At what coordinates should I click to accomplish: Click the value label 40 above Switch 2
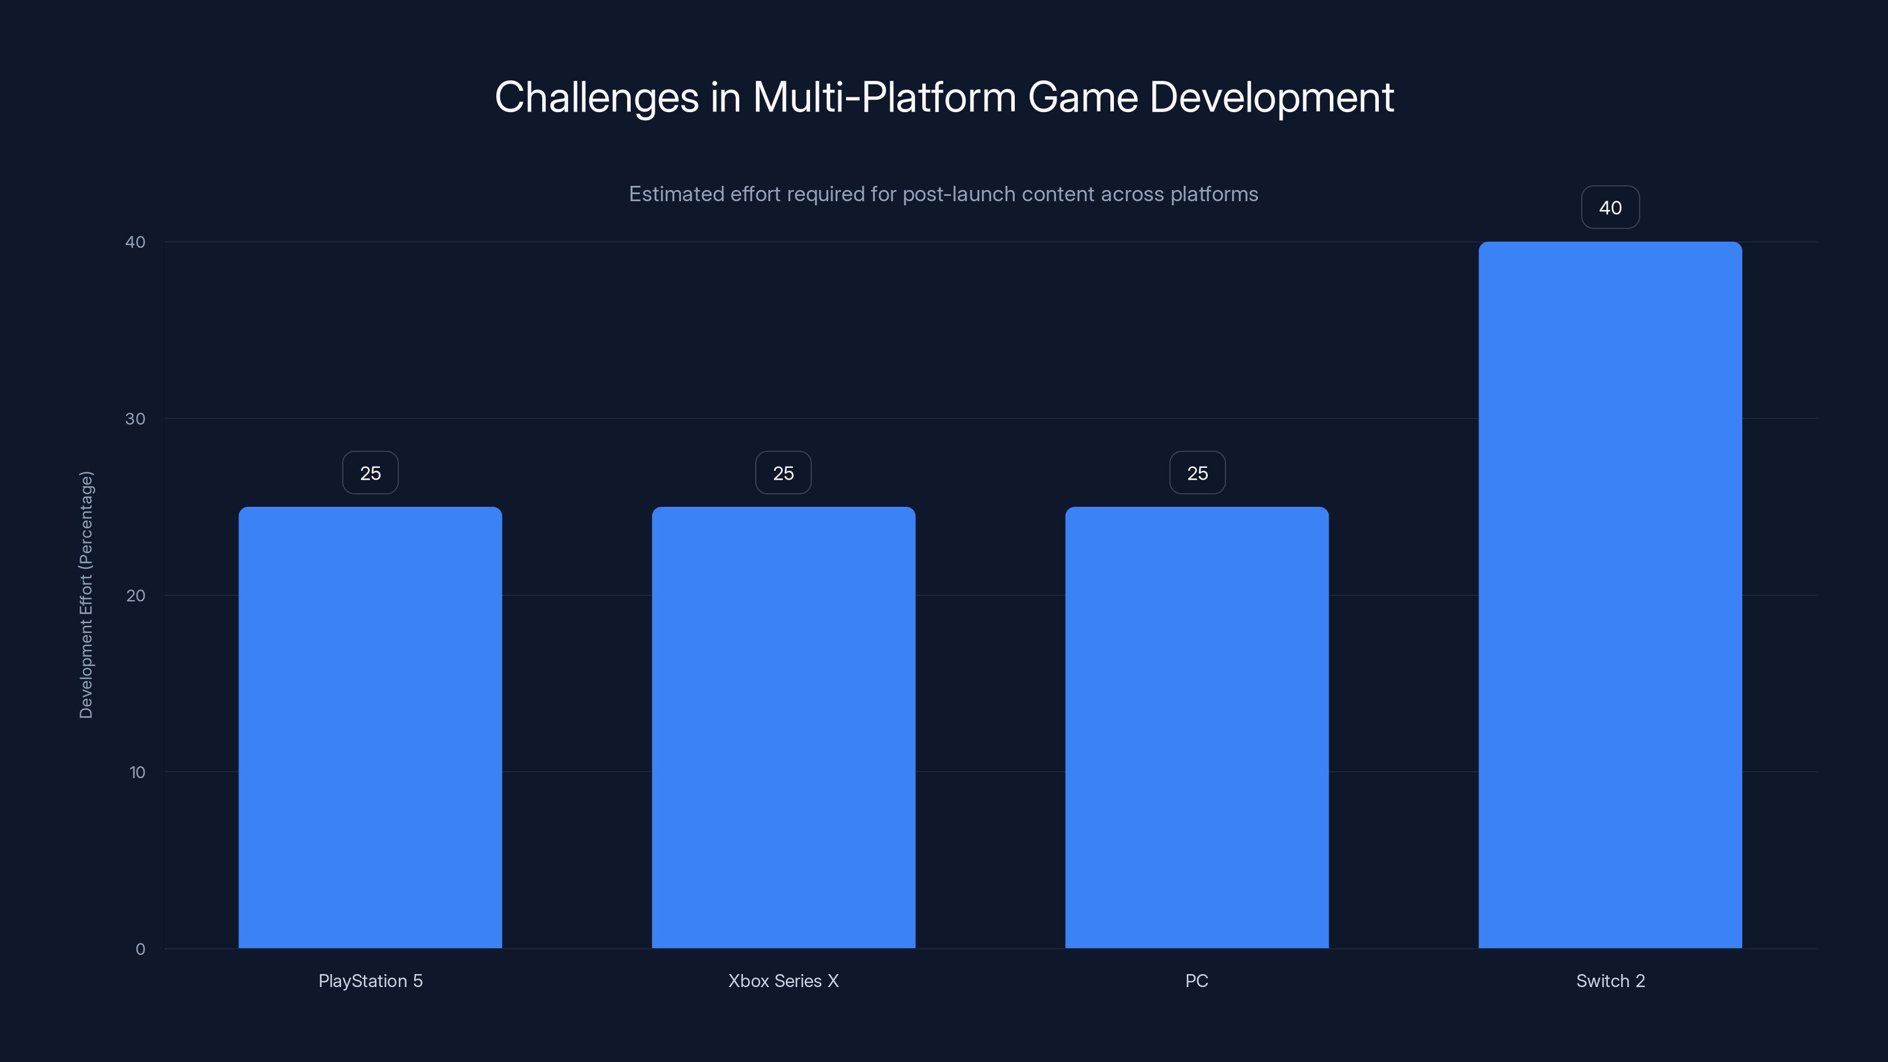(x=1610, y=208)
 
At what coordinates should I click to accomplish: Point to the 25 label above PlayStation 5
(x=370, y=473)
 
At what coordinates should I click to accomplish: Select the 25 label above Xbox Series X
(x=784, y=473)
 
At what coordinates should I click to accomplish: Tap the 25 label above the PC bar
(x=1197, y=473)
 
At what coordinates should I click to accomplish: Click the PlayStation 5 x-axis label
(x=370, y=981)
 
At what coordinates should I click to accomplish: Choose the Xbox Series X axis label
(x=784, y=981)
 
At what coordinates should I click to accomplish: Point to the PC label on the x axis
(x=1197, y=981)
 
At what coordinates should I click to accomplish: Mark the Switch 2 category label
(x=1610, y=981)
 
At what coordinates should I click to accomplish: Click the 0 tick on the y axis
(x=140, y=949)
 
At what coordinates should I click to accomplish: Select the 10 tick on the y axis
(x=137, y=772)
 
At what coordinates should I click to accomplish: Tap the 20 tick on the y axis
(x=136, y=595)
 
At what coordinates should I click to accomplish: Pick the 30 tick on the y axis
(x=136, y=418)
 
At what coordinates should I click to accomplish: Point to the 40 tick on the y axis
(x=136, y=242)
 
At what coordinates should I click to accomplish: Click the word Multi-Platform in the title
(x=884, y=97)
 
